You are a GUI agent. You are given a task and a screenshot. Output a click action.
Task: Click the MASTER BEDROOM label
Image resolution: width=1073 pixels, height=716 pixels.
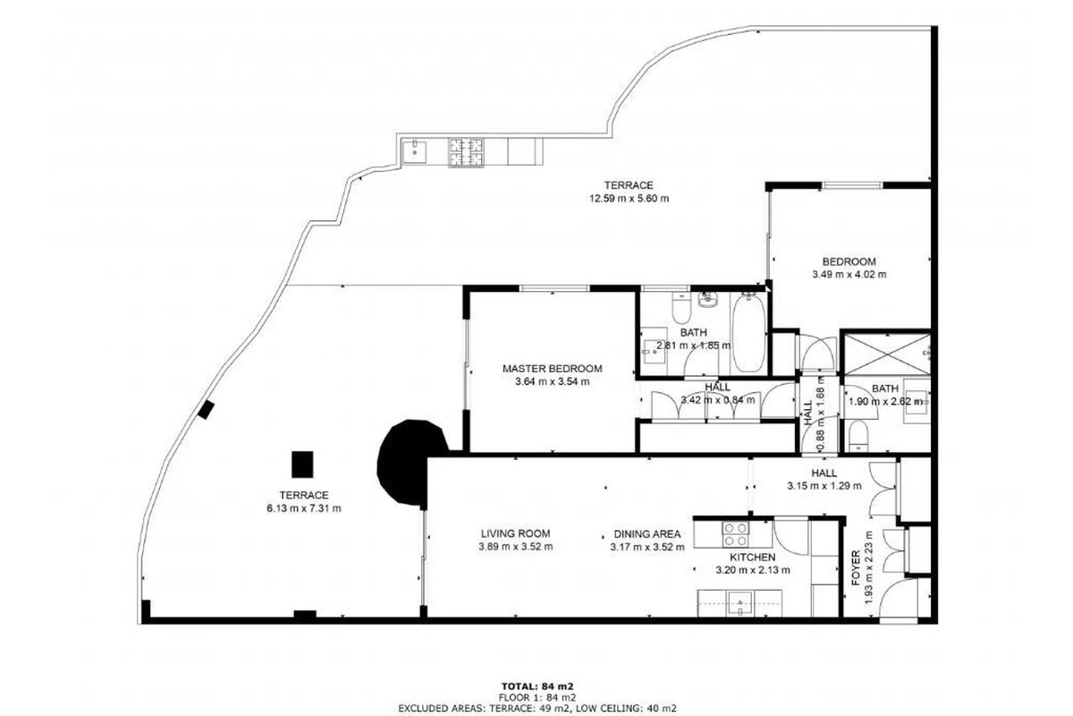click(552, 369)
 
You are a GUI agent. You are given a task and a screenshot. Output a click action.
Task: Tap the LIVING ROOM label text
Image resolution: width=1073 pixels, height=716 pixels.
click(515, 533)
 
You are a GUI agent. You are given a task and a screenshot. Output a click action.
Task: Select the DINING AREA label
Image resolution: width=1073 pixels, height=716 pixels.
click(647, 533)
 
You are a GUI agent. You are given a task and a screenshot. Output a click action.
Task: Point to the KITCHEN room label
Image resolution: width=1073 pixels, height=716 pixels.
click(753, 558)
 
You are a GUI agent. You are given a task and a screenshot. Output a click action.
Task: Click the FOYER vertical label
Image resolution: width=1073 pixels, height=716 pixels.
click(856, 567)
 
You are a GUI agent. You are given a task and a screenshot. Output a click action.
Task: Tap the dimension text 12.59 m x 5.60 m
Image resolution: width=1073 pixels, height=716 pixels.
click(629, 198)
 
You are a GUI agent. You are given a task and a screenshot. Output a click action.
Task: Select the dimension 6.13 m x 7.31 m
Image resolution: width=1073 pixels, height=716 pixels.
click(304, 508)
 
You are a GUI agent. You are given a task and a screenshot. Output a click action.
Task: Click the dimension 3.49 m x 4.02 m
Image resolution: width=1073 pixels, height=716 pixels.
click(849, 275)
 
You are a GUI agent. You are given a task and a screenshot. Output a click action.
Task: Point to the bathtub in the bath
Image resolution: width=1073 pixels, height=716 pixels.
click(748, 332)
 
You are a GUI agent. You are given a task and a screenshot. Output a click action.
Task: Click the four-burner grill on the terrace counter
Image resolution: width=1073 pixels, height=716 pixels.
click(466, 153)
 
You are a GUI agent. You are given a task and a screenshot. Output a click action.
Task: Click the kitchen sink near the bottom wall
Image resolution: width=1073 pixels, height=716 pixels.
click(740, 603)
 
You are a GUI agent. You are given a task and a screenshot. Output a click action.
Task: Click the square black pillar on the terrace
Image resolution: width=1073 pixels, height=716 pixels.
click(302, 465)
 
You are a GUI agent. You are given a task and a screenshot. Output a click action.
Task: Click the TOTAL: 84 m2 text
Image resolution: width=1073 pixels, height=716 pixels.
click(537, 686)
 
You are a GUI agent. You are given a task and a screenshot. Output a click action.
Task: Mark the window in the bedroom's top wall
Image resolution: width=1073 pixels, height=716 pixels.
click(853, 185)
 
